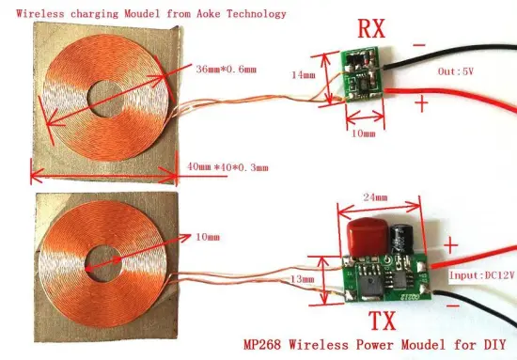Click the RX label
click(372, 29)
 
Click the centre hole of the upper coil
click(106, 100)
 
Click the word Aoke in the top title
click(200, 15)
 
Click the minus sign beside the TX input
click(455, 306)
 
